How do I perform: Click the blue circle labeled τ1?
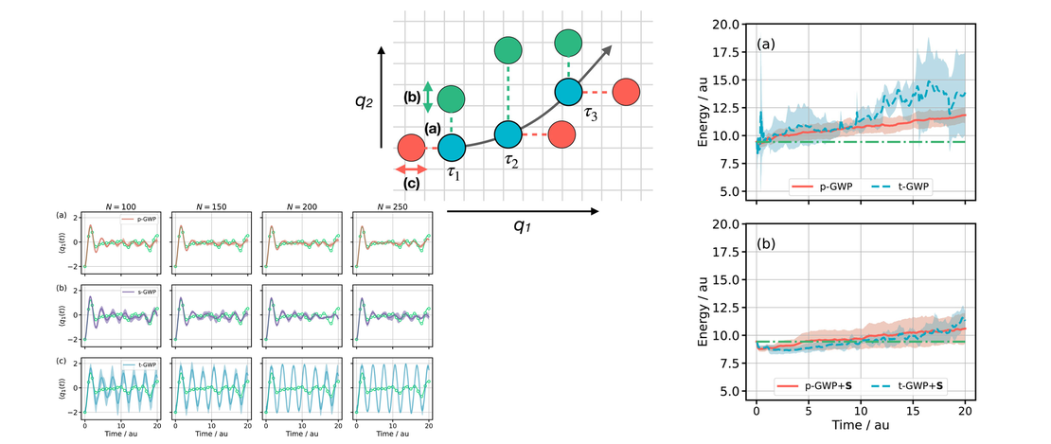tap(451, 148)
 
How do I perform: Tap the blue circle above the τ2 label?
tap(508, 134)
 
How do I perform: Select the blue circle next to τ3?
tap(567, 92)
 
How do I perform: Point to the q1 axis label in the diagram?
tap(522, 226)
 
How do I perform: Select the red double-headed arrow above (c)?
tap(410, 169)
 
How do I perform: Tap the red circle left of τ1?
tap(411, 148)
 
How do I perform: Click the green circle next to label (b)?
tap(452, 98)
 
